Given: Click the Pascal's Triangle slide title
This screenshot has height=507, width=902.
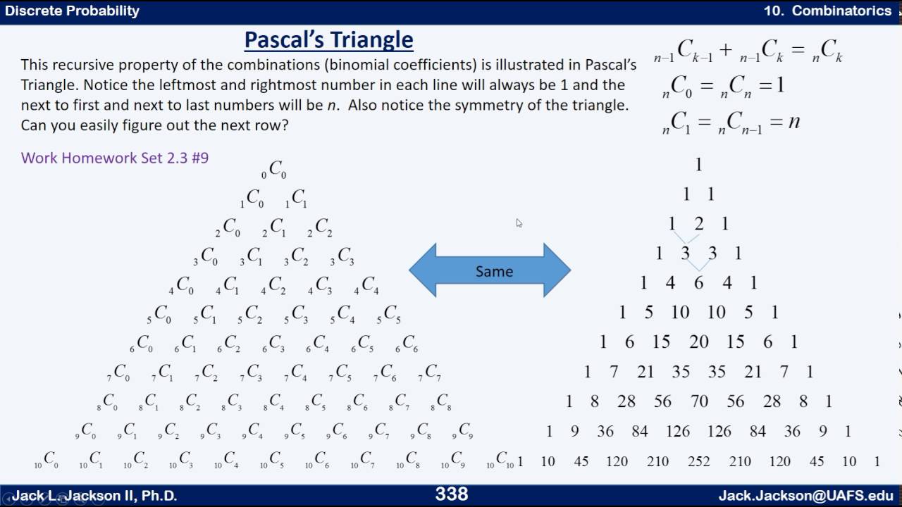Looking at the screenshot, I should tap(328, 39).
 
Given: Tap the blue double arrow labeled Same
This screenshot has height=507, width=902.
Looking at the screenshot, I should tap(490, 270).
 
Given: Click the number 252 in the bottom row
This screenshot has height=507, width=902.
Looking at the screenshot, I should tap(699, 461).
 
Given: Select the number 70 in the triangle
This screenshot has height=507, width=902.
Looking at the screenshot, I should tap(699, 401).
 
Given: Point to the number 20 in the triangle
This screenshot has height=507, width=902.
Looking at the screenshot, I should tap(698, 342).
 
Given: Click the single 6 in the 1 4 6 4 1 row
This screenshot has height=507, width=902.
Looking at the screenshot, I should tap(698, 282).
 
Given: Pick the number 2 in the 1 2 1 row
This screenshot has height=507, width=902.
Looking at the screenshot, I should tap(698, 224).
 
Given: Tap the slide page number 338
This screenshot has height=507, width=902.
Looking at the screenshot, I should tap(451, 494).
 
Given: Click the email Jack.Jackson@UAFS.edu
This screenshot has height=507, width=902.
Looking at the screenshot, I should tap(805, 496).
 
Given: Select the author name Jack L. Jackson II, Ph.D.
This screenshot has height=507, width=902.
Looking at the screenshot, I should tap(94, 496).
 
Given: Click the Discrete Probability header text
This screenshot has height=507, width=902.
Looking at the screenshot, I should tap(72, 11).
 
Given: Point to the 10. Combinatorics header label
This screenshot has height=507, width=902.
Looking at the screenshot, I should tap(827, 11).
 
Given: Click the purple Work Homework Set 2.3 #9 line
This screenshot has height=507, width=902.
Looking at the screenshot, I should tap(115, 158).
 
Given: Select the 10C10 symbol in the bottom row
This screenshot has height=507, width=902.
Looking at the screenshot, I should tap(501, 461).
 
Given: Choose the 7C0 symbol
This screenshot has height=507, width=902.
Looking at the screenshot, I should tap(118, 373).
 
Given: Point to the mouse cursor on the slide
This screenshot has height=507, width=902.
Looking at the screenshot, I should tap(519, 223).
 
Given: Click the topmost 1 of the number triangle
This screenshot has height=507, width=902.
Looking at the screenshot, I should tap(698, 165).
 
